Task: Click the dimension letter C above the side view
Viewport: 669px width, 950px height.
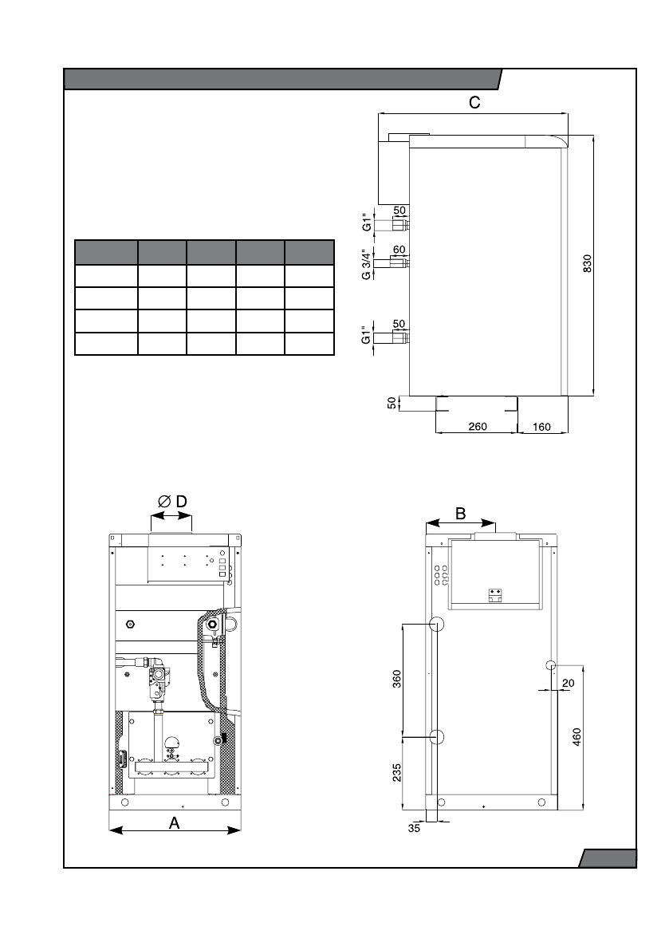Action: [x=474, y=102]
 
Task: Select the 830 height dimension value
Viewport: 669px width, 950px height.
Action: [x=587, y=263]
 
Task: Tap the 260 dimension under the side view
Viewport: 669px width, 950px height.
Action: [x=478, y=427]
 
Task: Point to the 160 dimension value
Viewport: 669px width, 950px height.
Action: [x=541, y=427]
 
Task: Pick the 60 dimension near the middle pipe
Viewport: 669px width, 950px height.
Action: [x=399, y=250]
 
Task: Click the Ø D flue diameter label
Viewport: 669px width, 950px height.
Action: [x=172, y=502]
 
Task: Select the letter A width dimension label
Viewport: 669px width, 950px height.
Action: [x=175, y=822]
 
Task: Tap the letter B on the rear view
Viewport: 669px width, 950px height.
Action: [x=460, y=514]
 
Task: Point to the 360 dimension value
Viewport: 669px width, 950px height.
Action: [x=397, y=680]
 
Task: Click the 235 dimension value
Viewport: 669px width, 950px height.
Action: [x=397, y=772]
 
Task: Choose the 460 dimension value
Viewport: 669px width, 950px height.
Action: [x=577, y=737]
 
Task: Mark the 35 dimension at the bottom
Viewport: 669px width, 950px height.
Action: [x=414, y=828]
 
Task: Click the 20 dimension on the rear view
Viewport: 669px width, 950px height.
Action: [x=568, y=684]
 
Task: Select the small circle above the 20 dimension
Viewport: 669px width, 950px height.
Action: [x=550, y=665]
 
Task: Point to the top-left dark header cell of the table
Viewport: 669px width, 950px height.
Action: [x=106, y=252]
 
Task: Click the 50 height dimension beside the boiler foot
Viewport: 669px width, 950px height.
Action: [x=392, y=403]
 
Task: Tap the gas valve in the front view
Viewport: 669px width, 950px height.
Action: [x=156, y=682]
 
